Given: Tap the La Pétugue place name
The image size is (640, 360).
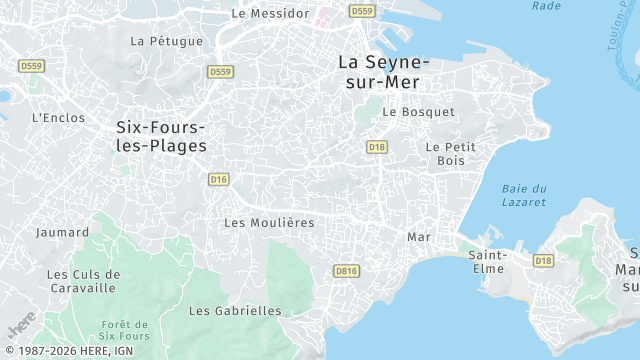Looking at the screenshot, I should coord(167,41).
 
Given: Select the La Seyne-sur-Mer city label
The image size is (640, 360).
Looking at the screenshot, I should coord(384,71).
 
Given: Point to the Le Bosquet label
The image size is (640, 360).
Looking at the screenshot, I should coord(418,112).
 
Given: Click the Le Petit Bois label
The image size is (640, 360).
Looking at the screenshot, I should coord(451,153).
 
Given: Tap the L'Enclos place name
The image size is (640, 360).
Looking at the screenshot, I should coord(56,117).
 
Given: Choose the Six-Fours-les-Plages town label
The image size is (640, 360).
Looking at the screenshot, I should coord(161,136).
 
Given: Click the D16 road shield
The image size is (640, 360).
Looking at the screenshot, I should coord(219,179).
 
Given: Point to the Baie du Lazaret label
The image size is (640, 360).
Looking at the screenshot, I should coord(523,195).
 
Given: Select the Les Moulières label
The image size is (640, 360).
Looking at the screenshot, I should coord(269,222).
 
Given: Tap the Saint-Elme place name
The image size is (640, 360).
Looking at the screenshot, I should coord(489,260).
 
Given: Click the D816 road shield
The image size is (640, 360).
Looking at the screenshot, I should coord(346,270).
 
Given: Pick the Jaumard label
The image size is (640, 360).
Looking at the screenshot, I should coord(55,232).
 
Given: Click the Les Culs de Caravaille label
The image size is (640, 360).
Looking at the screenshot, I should coord(84,281).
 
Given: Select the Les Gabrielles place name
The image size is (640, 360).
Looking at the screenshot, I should coord(235,311).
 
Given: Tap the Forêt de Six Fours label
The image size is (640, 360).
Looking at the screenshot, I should coord(125,331).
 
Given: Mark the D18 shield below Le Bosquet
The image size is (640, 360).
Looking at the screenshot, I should coord(376,147).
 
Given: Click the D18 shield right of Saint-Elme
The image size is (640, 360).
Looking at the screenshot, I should coord(543,261).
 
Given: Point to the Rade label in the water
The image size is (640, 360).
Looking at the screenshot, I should coord(547,6).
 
